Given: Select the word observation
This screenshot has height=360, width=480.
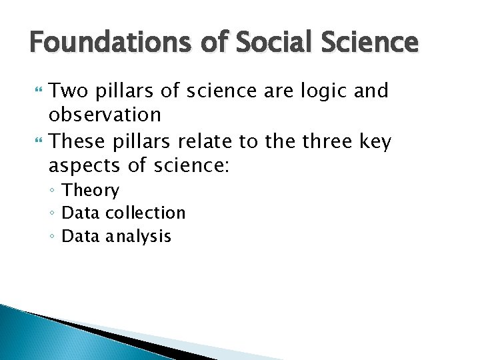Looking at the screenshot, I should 105,115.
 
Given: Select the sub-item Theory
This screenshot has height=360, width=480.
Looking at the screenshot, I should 91,191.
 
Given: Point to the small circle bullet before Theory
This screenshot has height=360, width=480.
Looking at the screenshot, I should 54,191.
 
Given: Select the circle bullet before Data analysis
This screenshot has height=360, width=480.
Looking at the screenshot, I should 54,237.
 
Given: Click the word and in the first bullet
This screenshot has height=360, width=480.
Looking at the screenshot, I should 371,91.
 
